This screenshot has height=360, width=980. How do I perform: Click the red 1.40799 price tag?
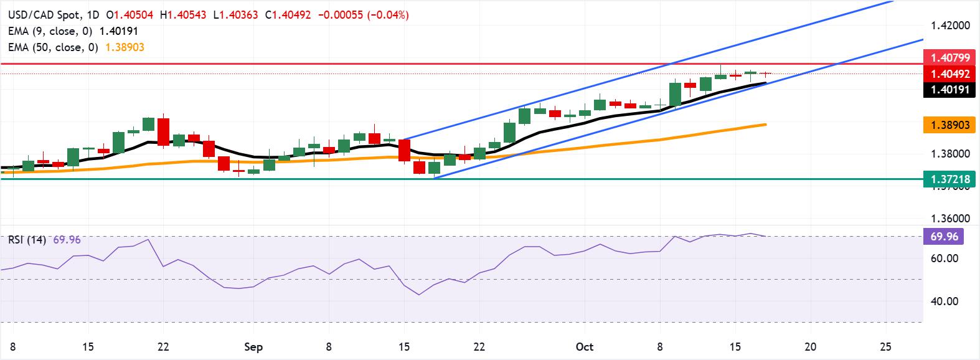click(950, 58)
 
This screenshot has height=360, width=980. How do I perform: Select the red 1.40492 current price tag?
click(950, 73)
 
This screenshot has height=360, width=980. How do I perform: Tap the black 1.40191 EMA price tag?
click(950, 90)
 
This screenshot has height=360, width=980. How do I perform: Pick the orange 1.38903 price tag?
click(950, 125)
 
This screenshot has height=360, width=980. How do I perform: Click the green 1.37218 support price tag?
click(950, 179)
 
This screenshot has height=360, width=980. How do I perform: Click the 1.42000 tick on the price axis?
click(950, 26)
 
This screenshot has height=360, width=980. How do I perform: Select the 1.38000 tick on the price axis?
click(950, 153)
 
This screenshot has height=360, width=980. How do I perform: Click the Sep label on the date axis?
click(253, 346)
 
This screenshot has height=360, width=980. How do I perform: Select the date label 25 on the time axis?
click(886, 346)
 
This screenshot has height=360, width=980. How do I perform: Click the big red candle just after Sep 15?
click(405, 151)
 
